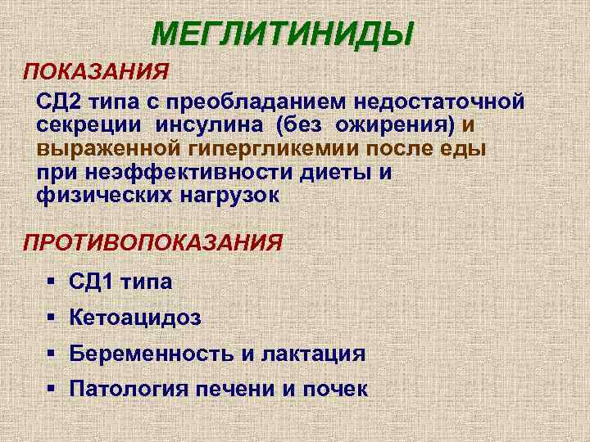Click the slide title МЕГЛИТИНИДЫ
284,34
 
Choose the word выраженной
98,150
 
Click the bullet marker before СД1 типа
51,282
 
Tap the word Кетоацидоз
135,318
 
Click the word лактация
313,354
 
